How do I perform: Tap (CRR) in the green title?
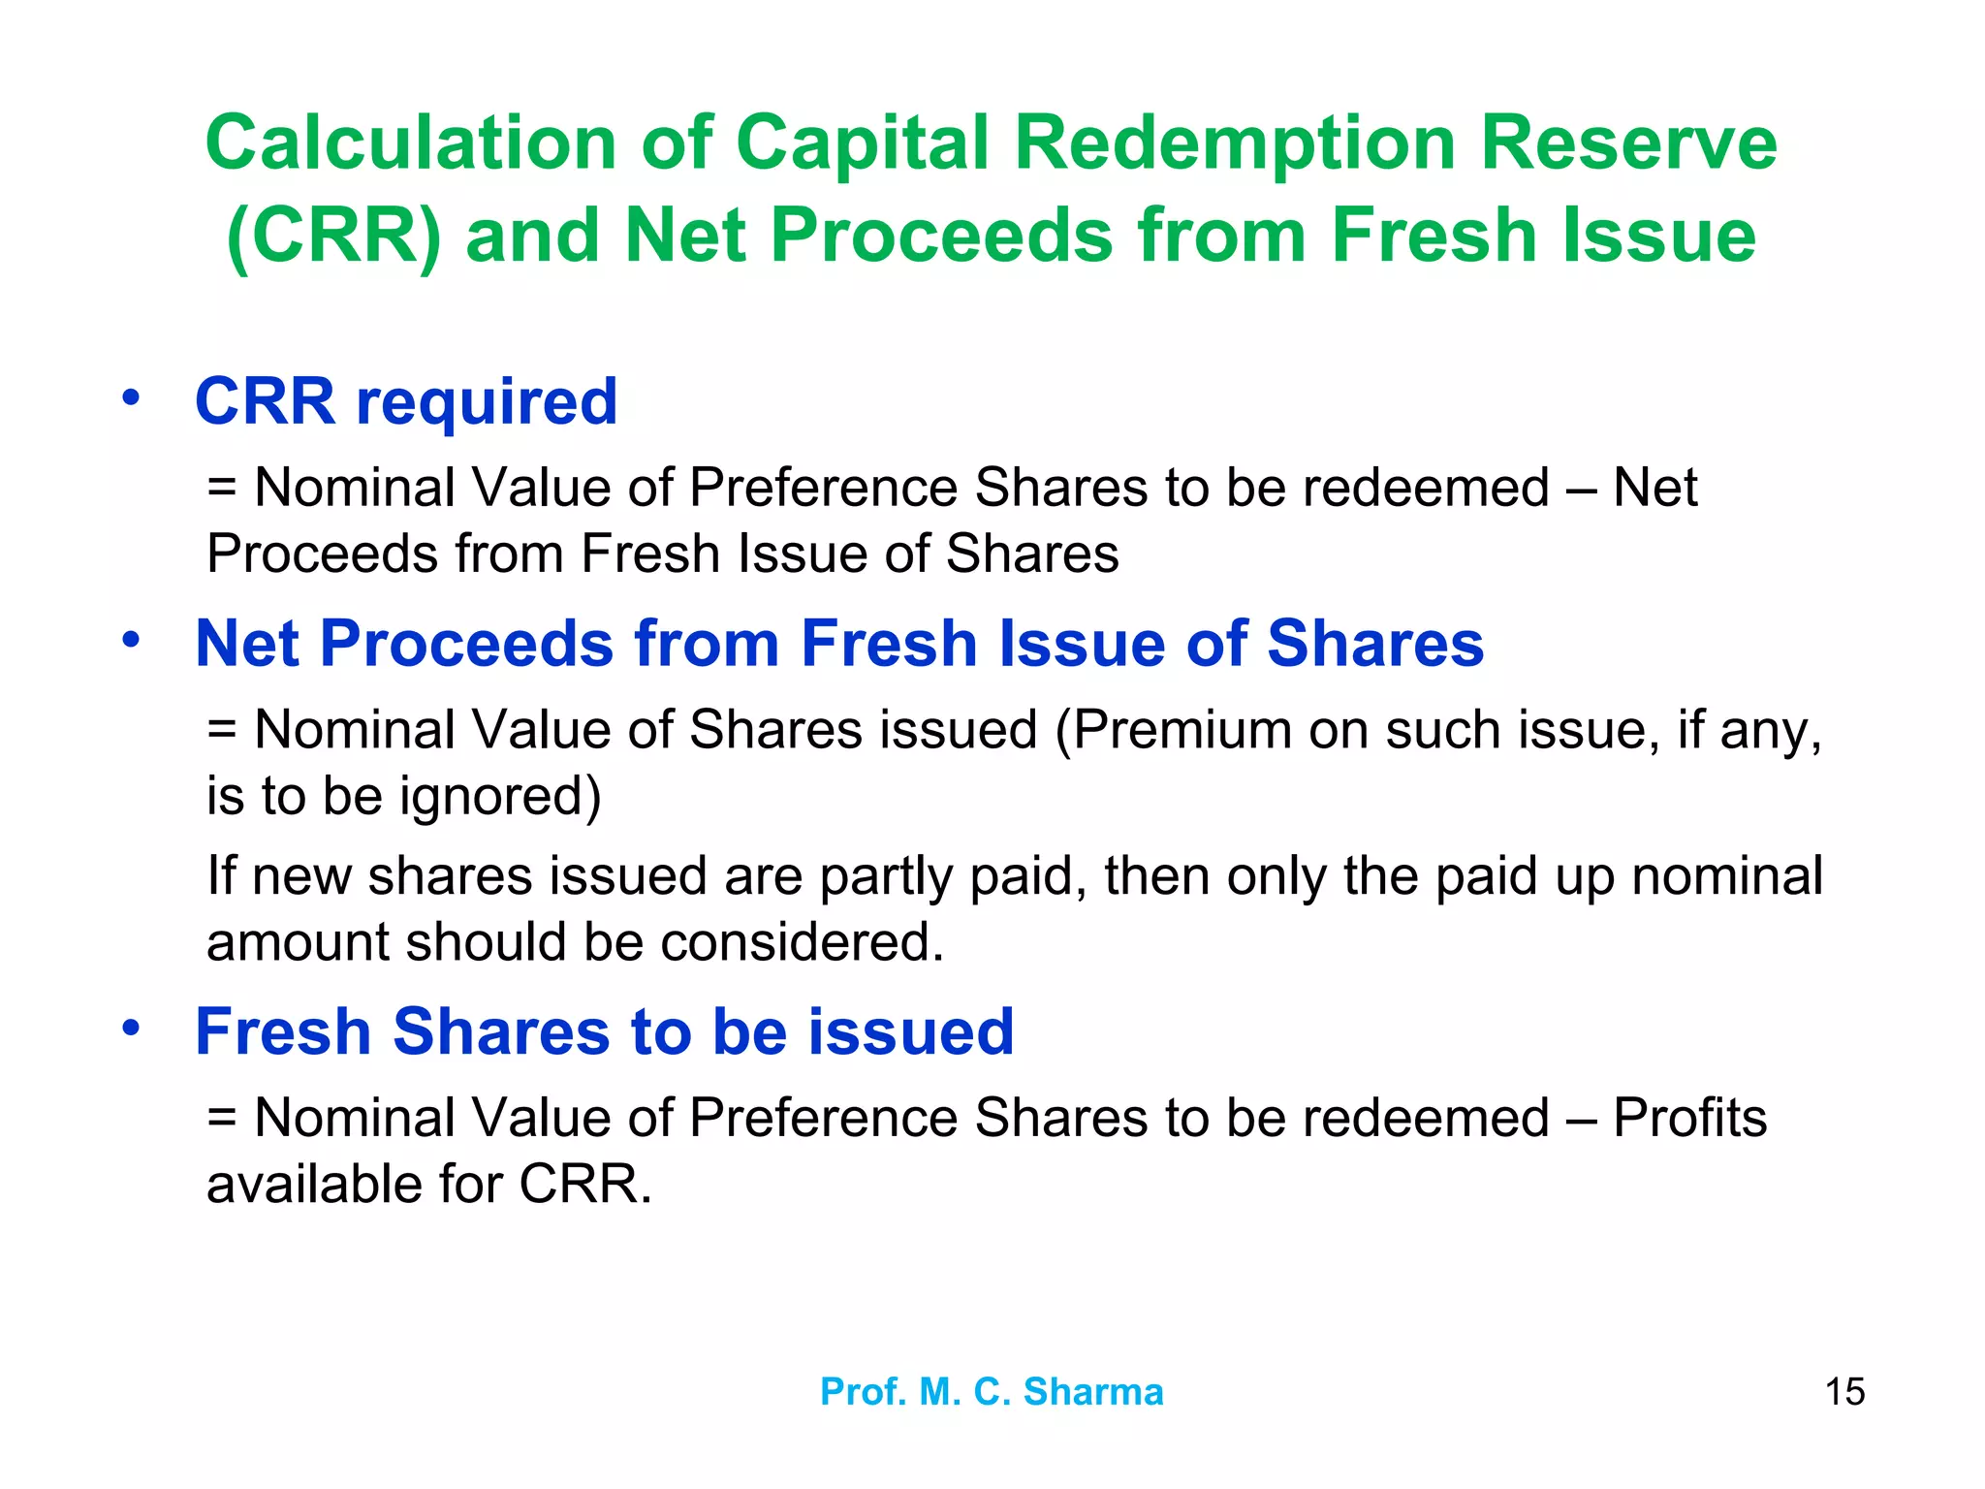tap(333, 236)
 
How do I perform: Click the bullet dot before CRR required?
tap(131, 397)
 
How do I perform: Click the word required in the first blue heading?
tap(487, 401)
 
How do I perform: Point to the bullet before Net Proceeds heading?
tap(131, 640)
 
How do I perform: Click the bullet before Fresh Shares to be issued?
tap(131, 1028)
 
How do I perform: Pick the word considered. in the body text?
tap(802, 942)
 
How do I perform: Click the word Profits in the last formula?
tap(1689, 1117)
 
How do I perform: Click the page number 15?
tap(1844, 1392)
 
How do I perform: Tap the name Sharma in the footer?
tap(1093, 1392)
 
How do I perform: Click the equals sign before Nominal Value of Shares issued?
tap(222, 730)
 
